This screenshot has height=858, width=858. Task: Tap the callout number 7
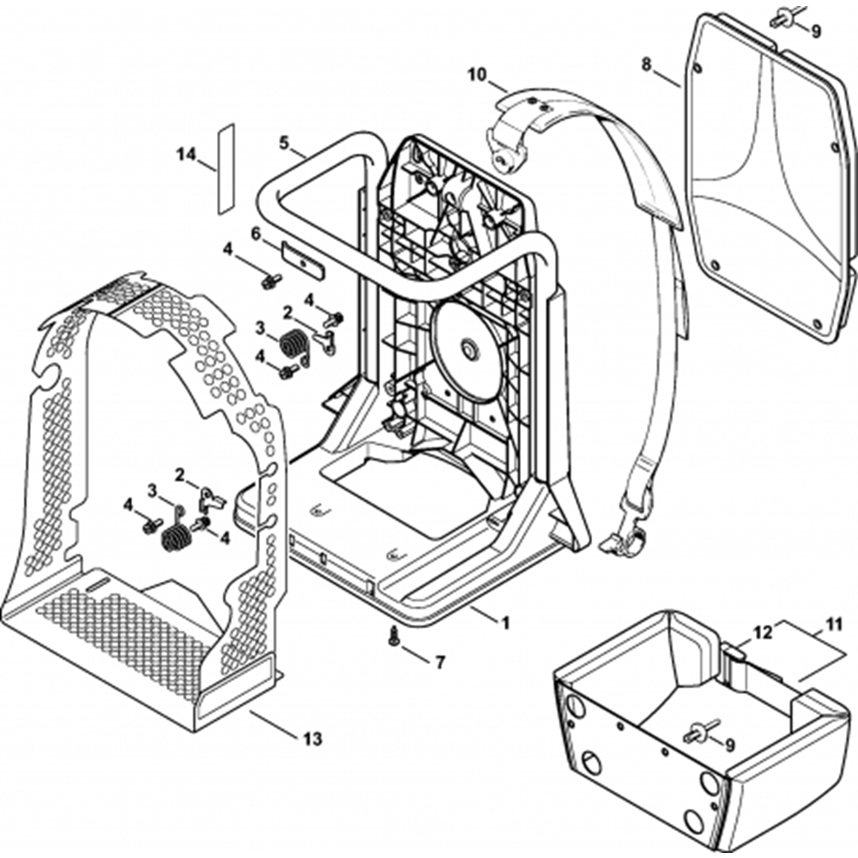(x=440, y=662)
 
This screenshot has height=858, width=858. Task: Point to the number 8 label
(x=647, y=63)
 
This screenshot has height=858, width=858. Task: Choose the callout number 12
(x=763, y=632)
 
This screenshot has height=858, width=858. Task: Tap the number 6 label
(x=255, y=233)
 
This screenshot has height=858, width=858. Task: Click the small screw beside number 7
(x=395, y=636)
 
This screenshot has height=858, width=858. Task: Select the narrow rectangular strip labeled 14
(x=224, y=169)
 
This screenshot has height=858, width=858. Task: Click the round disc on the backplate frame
(x=468, y=349)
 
